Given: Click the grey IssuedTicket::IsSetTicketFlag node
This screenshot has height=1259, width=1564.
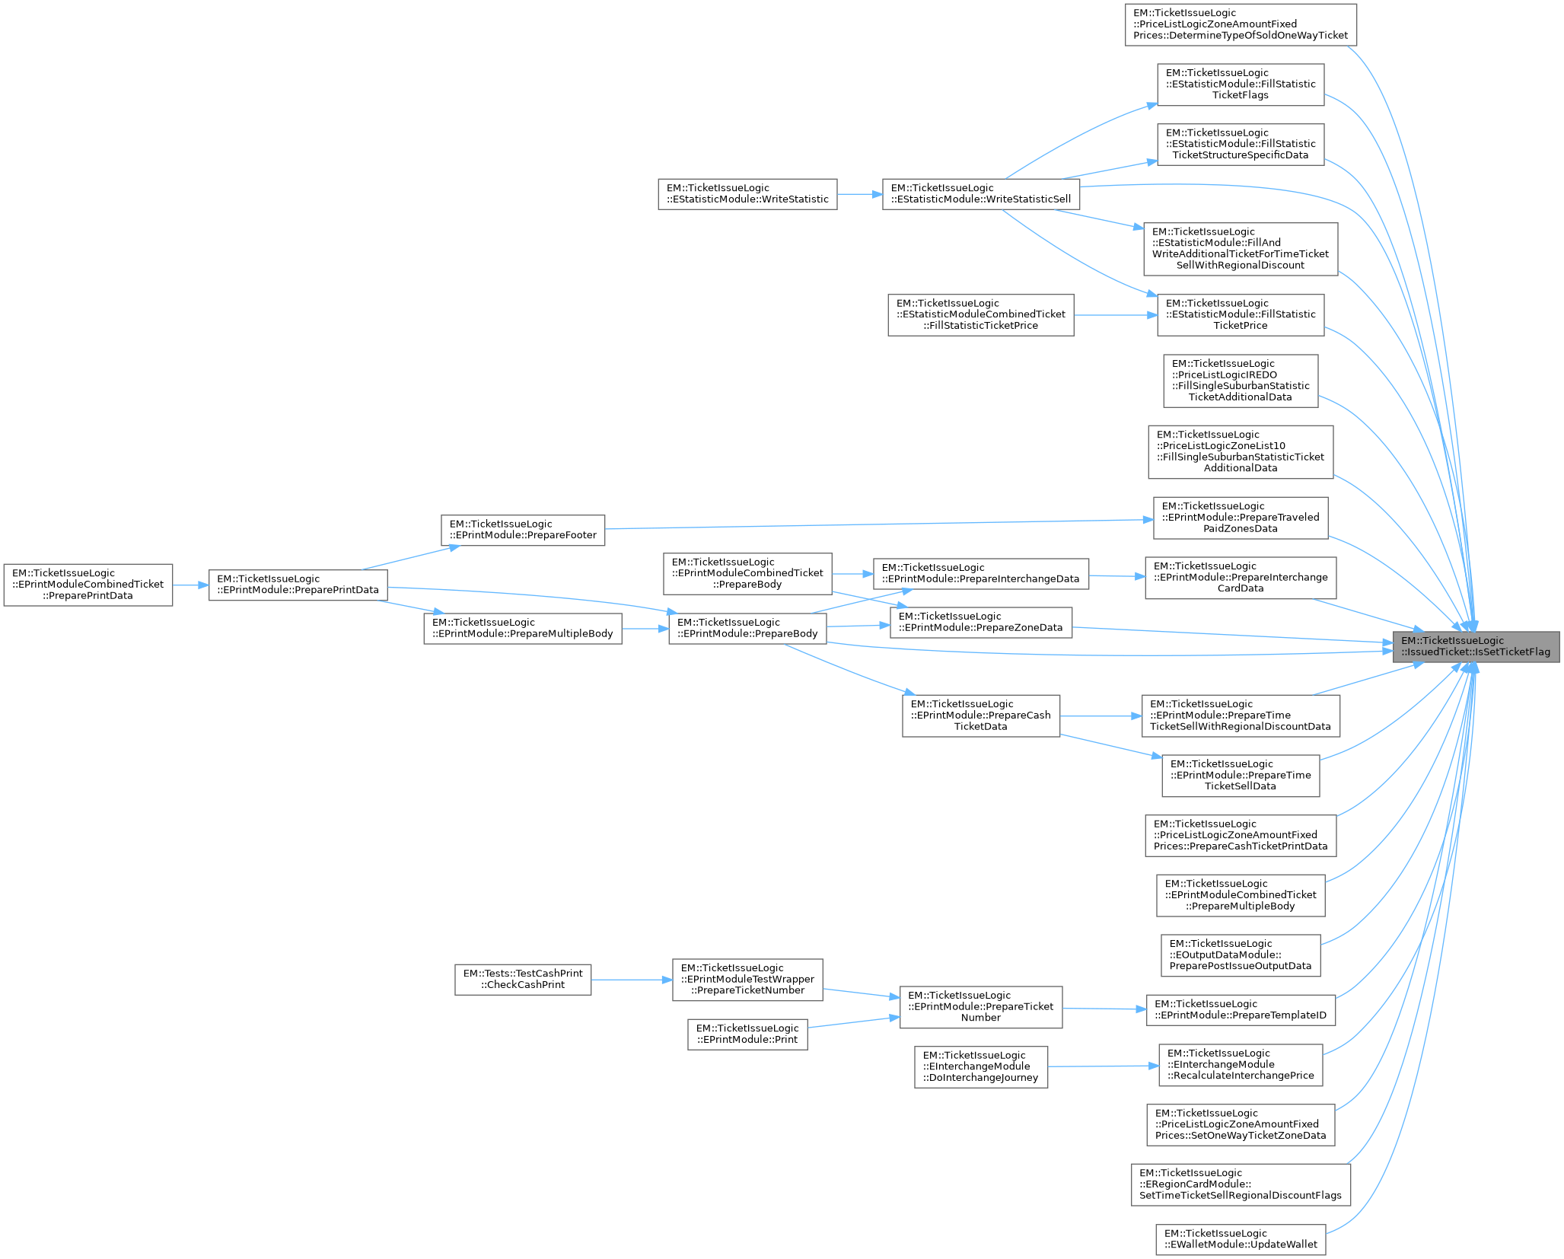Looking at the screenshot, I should click(1476, 646).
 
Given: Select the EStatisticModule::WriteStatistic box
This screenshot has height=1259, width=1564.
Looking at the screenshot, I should click(747, 194).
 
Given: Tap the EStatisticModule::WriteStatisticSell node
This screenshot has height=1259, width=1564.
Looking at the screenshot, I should click(980, 194).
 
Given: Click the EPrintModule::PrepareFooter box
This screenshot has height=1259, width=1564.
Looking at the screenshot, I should click(523, 530).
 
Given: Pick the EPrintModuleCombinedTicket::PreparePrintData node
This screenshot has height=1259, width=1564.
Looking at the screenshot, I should click(88, 585).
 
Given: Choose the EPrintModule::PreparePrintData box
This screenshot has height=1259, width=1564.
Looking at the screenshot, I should click(298, 585).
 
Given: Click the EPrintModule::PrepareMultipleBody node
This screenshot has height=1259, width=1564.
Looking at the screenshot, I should click(522, 628).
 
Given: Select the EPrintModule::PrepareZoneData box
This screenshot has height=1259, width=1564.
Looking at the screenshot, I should click(980, 622).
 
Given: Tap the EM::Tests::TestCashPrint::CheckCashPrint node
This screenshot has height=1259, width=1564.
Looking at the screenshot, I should click(523, 979).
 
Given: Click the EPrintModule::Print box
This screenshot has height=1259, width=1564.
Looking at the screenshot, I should click(747, 1034).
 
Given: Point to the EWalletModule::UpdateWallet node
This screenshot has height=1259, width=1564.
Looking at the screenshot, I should click(1241, 1239).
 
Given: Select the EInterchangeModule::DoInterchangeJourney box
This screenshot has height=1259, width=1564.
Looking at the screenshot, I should click(980, 1066).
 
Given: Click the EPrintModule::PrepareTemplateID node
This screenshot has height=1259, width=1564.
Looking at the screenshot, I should click(1241, 1009).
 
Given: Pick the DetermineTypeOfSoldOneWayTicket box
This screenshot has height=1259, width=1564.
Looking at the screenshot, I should click(1241, 24).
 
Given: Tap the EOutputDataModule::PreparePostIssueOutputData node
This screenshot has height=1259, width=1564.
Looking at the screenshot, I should click(1241, 955).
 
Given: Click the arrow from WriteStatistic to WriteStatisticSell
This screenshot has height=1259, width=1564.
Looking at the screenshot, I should click(860, 194).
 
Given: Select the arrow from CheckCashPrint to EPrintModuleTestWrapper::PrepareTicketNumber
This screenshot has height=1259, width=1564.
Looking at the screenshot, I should click(632, 980).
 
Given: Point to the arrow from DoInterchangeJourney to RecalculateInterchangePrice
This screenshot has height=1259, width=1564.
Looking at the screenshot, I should click(1104, 1066).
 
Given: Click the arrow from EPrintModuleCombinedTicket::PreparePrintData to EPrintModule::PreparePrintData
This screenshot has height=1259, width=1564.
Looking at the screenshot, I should click(190, 585).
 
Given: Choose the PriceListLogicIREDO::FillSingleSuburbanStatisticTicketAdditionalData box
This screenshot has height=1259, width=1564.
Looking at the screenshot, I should click(1241, 381).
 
